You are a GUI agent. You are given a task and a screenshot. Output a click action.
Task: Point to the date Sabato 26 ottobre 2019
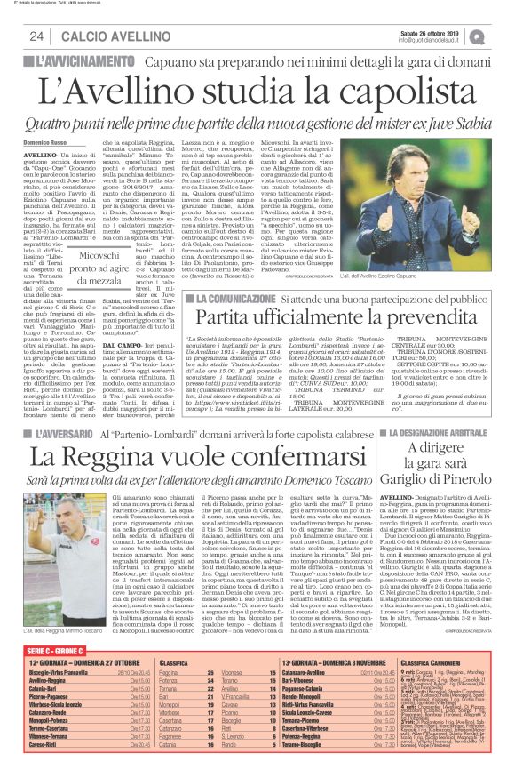tap(432, 32)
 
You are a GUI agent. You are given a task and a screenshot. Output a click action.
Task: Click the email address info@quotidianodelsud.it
tap(431, 40)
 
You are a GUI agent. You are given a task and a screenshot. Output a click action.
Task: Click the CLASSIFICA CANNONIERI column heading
tap(439, 663)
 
